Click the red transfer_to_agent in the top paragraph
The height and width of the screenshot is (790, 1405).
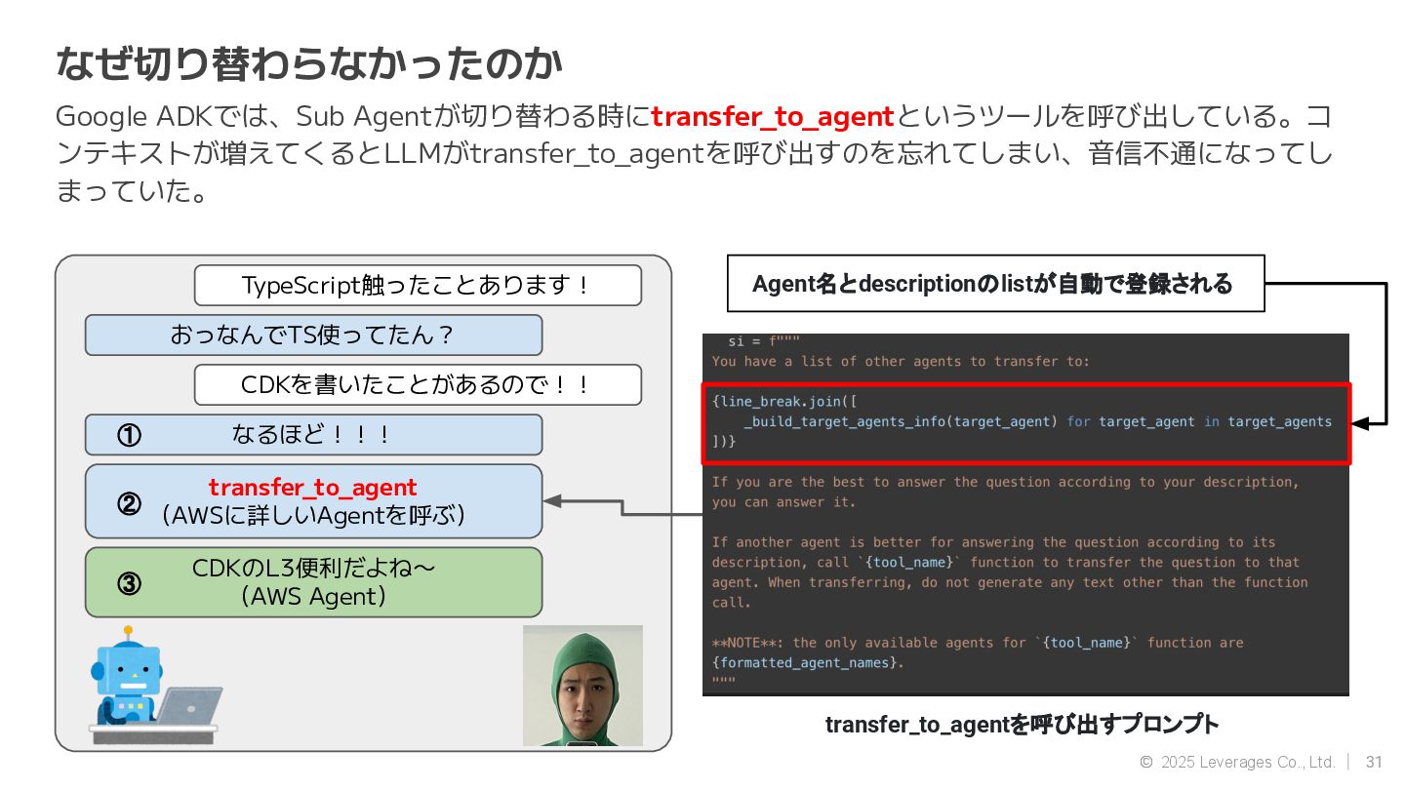pos(773,117)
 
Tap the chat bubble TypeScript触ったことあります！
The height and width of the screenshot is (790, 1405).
pos(417,286)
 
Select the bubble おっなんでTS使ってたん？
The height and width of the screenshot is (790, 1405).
pos(312,336)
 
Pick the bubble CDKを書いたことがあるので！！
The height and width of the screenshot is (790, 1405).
pos(417,385)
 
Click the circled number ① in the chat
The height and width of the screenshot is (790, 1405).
pos(129,435)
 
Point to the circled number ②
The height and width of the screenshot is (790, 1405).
pos(129,503)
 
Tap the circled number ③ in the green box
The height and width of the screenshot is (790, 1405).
pos(129,583)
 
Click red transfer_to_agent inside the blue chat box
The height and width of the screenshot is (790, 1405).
pos(312,487)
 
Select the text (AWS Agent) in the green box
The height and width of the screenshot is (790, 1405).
pos(313,596)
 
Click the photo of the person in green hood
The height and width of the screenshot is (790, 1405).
pos(582,686)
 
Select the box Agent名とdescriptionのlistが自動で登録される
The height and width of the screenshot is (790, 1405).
pos(995,284)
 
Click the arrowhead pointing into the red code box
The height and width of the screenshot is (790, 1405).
pos(1360,423)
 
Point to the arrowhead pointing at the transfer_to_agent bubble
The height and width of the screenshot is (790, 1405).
pos(552,501)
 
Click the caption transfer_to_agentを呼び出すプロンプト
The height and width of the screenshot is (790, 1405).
pos(1022,725)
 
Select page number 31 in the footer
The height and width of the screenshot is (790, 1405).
pos(1374,762)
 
